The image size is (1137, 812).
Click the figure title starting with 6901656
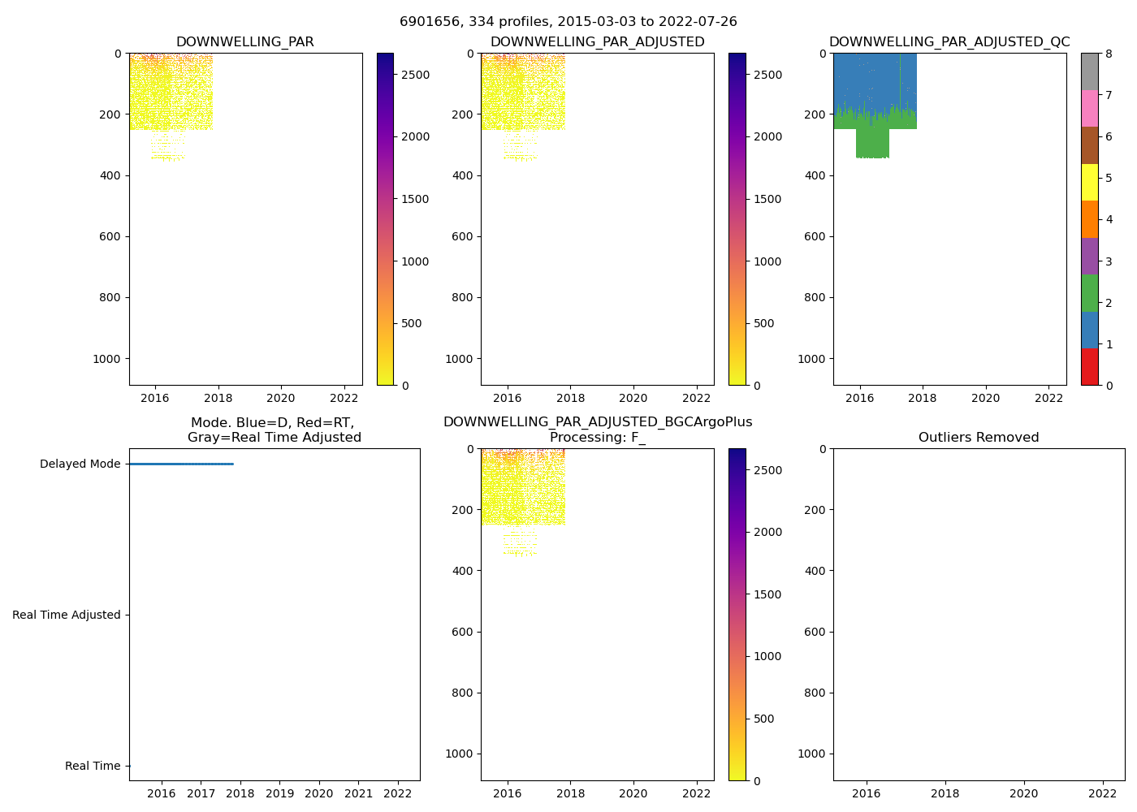coord(568,22)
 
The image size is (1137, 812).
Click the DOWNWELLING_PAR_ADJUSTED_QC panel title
coord(949,42)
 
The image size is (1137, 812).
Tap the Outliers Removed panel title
coord(979,438)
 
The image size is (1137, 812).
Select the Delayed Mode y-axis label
coord(80,464)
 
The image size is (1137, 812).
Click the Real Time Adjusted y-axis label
coord(67,615)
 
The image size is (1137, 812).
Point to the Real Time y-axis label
coord(93,767)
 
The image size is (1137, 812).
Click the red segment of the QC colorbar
coord(1089,367)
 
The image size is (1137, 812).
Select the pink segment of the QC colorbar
coord(1089,108)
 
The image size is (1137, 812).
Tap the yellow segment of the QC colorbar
coord(1089,182)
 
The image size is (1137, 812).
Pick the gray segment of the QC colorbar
coord(1089,71)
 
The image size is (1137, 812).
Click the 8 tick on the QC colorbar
coord(1109,54)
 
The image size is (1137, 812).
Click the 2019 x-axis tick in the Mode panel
coord(279,793)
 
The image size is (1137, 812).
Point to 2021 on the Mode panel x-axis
coord(358,793)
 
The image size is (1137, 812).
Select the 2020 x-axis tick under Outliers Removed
coord(1023,793)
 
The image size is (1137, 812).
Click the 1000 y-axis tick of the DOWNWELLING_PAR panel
coord(107,359)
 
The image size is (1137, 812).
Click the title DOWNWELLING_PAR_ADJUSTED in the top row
coord(597,42)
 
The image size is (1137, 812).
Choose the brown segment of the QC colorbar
coord(1089,145)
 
